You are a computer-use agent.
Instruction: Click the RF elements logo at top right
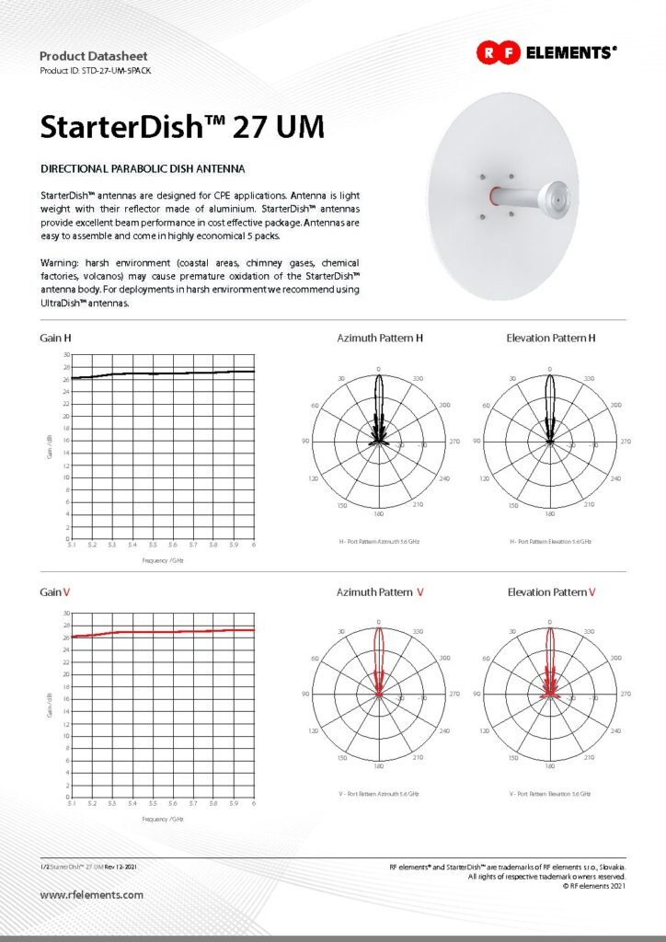[x=545, y=53]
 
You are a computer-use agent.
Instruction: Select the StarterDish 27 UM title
[x=182, y=127]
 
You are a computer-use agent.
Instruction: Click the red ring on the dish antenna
[x=496, y=196]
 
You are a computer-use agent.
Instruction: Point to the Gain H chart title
[x=56, y=339]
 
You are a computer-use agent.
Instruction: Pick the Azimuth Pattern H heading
[x=380, y=339]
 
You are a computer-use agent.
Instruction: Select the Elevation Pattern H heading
[x=551, y=339]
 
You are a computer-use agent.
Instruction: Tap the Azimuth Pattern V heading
[x=380, y=592]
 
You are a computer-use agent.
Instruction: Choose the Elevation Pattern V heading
[x=551, y=592]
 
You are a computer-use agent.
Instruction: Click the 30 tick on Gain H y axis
[x=65, y=355]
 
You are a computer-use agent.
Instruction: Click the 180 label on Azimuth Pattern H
[x=379, y=512]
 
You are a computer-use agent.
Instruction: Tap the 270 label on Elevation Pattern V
[x=625, y=695]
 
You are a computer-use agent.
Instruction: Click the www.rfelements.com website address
[x=92, y=894]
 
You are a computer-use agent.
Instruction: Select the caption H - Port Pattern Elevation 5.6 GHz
[x=550, y=542]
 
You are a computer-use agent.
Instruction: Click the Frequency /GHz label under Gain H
[x=162, y=560]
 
